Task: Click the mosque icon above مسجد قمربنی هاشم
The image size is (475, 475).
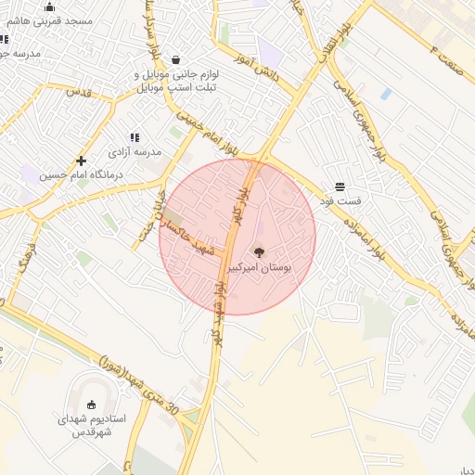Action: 49,7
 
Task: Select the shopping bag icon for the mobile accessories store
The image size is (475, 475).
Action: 175,60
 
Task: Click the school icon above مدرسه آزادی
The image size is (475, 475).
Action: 135,137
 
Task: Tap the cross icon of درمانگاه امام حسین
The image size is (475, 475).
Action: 82,160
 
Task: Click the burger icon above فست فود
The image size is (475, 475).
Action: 340,186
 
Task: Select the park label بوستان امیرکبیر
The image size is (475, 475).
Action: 259,267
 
